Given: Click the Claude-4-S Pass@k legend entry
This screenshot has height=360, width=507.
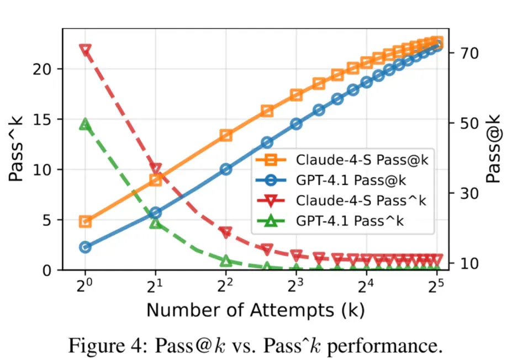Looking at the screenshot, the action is (342, 160).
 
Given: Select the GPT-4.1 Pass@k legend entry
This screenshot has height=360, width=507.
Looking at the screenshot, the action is (331, 180).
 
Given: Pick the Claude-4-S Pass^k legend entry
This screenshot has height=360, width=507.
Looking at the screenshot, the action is (341, 200).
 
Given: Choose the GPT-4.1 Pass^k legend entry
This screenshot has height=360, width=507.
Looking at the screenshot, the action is (330, 221).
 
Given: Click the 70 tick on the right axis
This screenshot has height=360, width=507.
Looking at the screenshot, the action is (469, 53).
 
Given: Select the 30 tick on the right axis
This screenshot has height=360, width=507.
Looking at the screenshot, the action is (469, 194).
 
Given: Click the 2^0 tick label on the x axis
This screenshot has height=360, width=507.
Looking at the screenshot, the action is (84, 285).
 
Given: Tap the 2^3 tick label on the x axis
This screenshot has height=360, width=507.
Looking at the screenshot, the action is (295, 285).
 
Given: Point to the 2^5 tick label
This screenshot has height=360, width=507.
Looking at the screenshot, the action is (436, 285).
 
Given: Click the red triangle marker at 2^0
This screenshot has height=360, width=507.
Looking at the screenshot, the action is (85, 50).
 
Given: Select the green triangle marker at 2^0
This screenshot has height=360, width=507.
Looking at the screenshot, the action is (85, 124).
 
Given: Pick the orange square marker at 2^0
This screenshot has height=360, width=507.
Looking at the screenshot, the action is (85, 222).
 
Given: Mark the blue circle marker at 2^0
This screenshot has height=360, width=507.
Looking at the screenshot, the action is (85, 247).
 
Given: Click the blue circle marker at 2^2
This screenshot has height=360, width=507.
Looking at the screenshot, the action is (226, 170).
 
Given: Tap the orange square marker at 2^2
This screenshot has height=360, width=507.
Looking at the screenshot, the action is (226, 135).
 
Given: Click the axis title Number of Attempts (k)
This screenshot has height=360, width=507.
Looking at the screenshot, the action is (256, 310).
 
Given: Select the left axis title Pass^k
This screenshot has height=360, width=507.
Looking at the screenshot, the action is (15, 149).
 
